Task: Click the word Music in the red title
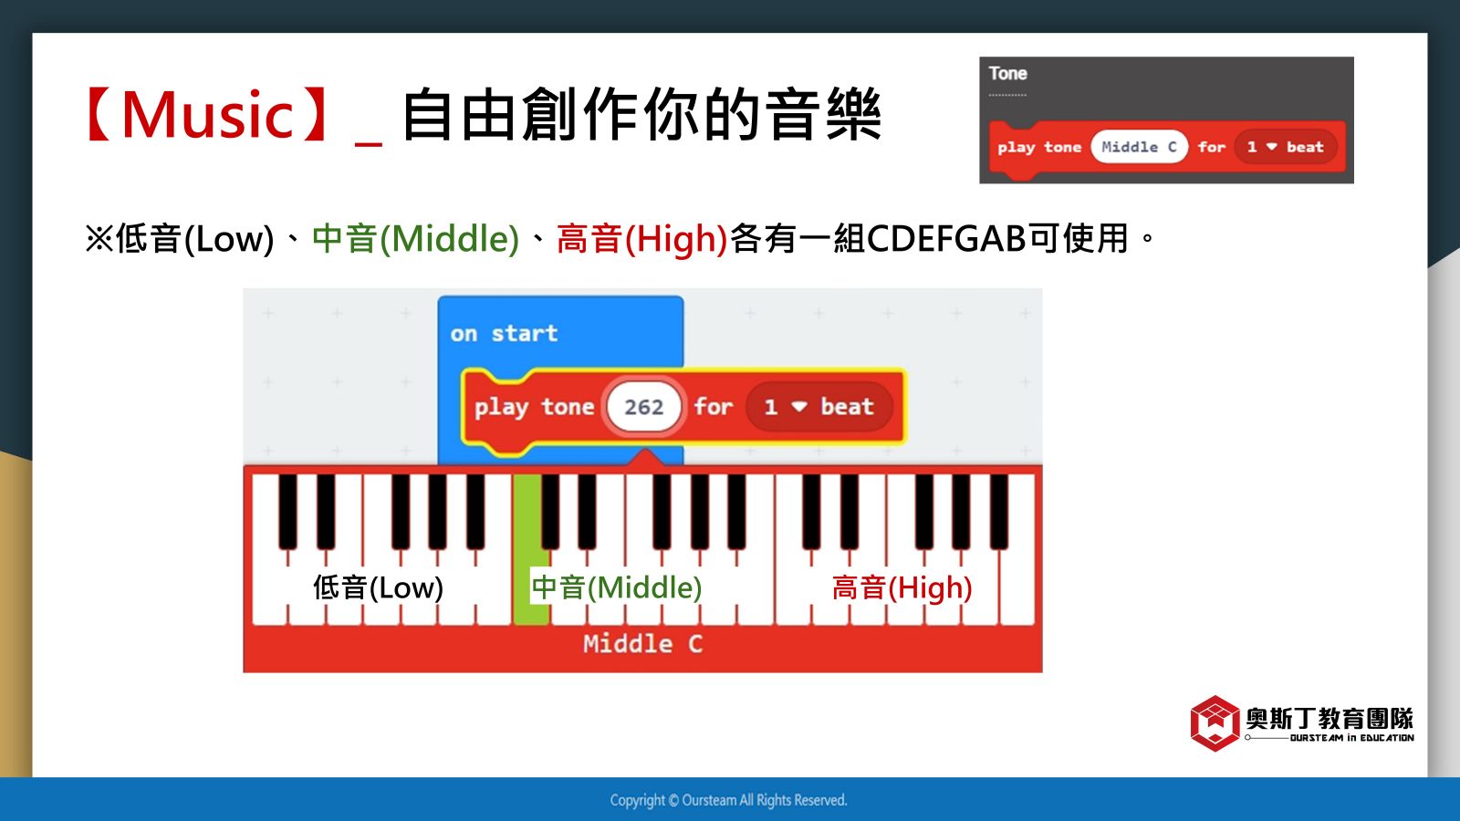pyautogui.click(x=207, y=115)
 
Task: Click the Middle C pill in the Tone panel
pyautogui.click(x=1139, y=147)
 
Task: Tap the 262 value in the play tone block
pyautogui.click(x=644, y=407)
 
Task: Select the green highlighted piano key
pyautogui.click(x=529, y=548)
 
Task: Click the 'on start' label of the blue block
pyautogui.click(x=504, y=334)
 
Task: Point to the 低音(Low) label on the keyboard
pyautogui.click(x=378, y=587)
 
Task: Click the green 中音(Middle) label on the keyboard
pyautogui.click(x=616, y=587)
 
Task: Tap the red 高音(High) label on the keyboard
pyautogui.click(x=902, y=587)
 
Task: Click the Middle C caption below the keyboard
pyautogui.click(x=642, y=644)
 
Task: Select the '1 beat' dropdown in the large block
pyautogui.click(x=819, y=407)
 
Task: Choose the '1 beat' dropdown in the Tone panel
pyautogui.click(x=1286, y=147)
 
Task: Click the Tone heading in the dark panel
pyautogui.click(x=1007, y=74)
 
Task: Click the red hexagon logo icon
pyautogui.click(x=1215, y=722)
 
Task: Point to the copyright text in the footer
pyautogui.click(x=729, y=799)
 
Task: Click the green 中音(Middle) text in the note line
pyautogui.click(x=416, y=238)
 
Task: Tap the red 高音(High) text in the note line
pyautogui.click(x=642, y=238)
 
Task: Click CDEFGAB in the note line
pyautogui.click(x=946, y=238)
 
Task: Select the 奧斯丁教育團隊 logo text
pyautogui.click(x=1330, y=719)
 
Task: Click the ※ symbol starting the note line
pyautogui.click(x=99, y=238)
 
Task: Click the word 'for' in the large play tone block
pyautogui.click(x=713, y=407)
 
